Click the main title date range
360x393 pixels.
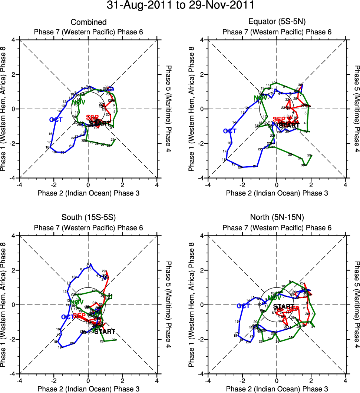pyautogui.click(x=180, y=6)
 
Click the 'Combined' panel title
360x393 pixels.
pyautogui.click(x=88, y=23)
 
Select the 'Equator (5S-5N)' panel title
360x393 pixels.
pyautogui.click(x=277, y=23)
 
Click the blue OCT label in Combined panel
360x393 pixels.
pyautogui.click(x=56, y=120)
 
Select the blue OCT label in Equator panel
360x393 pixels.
pyautogui.click(x=230, y=131)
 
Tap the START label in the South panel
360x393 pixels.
pyautogui.click(x=105, y=331)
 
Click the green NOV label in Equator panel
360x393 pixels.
pyautogui.click(x=260, y=98)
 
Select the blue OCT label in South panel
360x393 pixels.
pyautogui.click(x=68, y=317)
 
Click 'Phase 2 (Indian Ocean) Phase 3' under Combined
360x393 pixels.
pyautogui.click(x=88, y=193)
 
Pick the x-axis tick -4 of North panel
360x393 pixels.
pyautogui.click(x=208, y=380)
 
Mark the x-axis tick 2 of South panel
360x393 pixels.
pyautogui.click(x=123, y=380)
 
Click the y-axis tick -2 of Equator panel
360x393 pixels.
pyautogui.click(x=202, y=143)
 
